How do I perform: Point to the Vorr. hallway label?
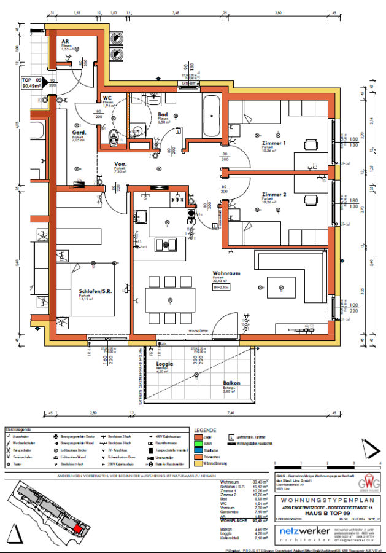(120, 164)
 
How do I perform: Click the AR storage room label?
(64, 41)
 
